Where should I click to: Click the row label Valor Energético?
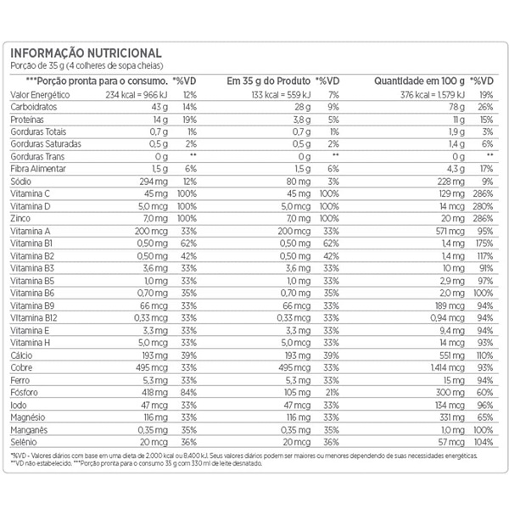[x=40, y=94]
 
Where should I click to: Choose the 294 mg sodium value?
[x=153, y=181]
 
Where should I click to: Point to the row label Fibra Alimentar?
[x=38, y=169]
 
